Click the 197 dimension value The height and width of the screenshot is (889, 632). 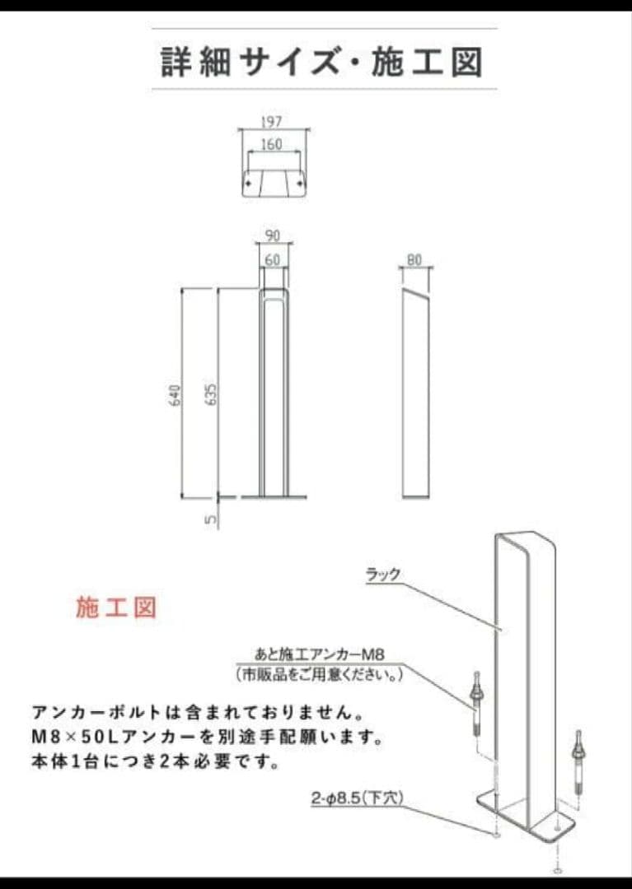click(272, 121)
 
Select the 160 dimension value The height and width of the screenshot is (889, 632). click(272, 145)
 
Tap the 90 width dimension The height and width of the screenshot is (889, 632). click(273, 235)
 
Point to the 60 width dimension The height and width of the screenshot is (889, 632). click(273, 259)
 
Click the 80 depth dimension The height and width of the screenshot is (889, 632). click(414, 259)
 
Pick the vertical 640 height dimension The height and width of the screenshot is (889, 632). click(176, 394)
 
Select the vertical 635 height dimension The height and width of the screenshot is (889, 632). click(211, 394)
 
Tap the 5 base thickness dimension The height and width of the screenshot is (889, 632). click(211, 519)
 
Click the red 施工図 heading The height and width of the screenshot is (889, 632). click(116, 607)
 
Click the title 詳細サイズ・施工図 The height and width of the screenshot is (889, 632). click(322, 61)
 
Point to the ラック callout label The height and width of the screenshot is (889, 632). click(383, 574)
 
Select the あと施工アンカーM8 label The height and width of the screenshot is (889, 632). click(320, 654)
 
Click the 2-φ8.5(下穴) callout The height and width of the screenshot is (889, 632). click(358, 798)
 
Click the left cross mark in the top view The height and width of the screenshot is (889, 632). click(248, 183)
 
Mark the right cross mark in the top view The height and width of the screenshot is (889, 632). click(299, 183)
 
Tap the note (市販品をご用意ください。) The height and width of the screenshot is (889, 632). click(320, 675)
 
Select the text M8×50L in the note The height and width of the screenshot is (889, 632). click(76, 737)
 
